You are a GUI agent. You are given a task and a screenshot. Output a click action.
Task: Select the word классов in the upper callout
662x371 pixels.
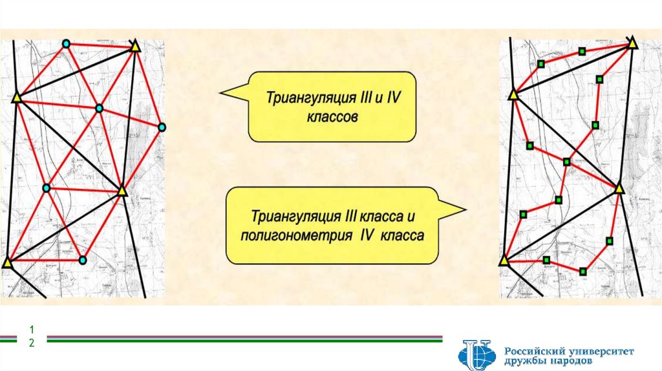tap(331, 119)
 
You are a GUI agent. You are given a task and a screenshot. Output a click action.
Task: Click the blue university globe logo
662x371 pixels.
tap(475, 356)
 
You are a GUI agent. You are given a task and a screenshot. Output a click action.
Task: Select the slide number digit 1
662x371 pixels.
tap(30, 331)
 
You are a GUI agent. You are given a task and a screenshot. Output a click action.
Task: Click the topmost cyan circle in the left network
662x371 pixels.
tap(66, 44)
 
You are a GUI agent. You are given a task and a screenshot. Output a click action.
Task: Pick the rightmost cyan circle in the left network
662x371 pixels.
tap(162, 127)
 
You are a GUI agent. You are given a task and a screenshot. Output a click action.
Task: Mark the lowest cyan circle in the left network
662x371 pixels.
tap(83, 260)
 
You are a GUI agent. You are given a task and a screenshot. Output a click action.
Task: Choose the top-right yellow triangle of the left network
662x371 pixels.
tap(134, 47)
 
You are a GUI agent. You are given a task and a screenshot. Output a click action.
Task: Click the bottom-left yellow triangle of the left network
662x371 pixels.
tap(7, 263)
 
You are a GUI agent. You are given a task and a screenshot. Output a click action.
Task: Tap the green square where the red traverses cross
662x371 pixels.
tap(567, 162)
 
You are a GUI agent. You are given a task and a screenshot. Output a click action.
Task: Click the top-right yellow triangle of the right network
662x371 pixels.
tap(632, 44)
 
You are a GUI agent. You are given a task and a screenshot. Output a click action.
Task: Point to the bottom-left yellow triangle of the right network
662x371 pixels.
tap(504, 261)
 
